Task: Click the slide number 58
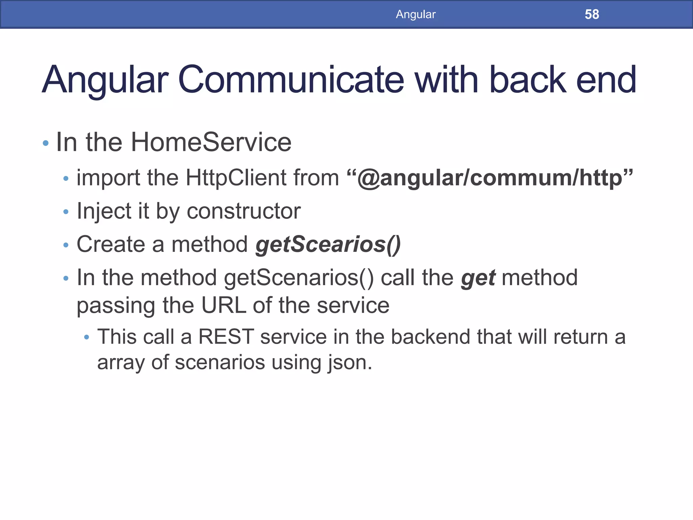(591, 14)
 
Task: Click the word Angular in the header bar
(416, 14)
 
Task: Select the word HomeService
(211, 142)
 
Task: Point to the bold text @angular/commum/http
(490, 178)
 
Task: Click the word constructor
(244, 211)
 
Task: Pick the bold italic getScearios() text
(328, 244)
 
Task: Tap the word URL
(224, 305)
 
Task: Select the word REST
(226, 337)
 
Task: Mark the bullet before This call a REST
(87, 338)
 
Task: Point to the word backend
(430, 337)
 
